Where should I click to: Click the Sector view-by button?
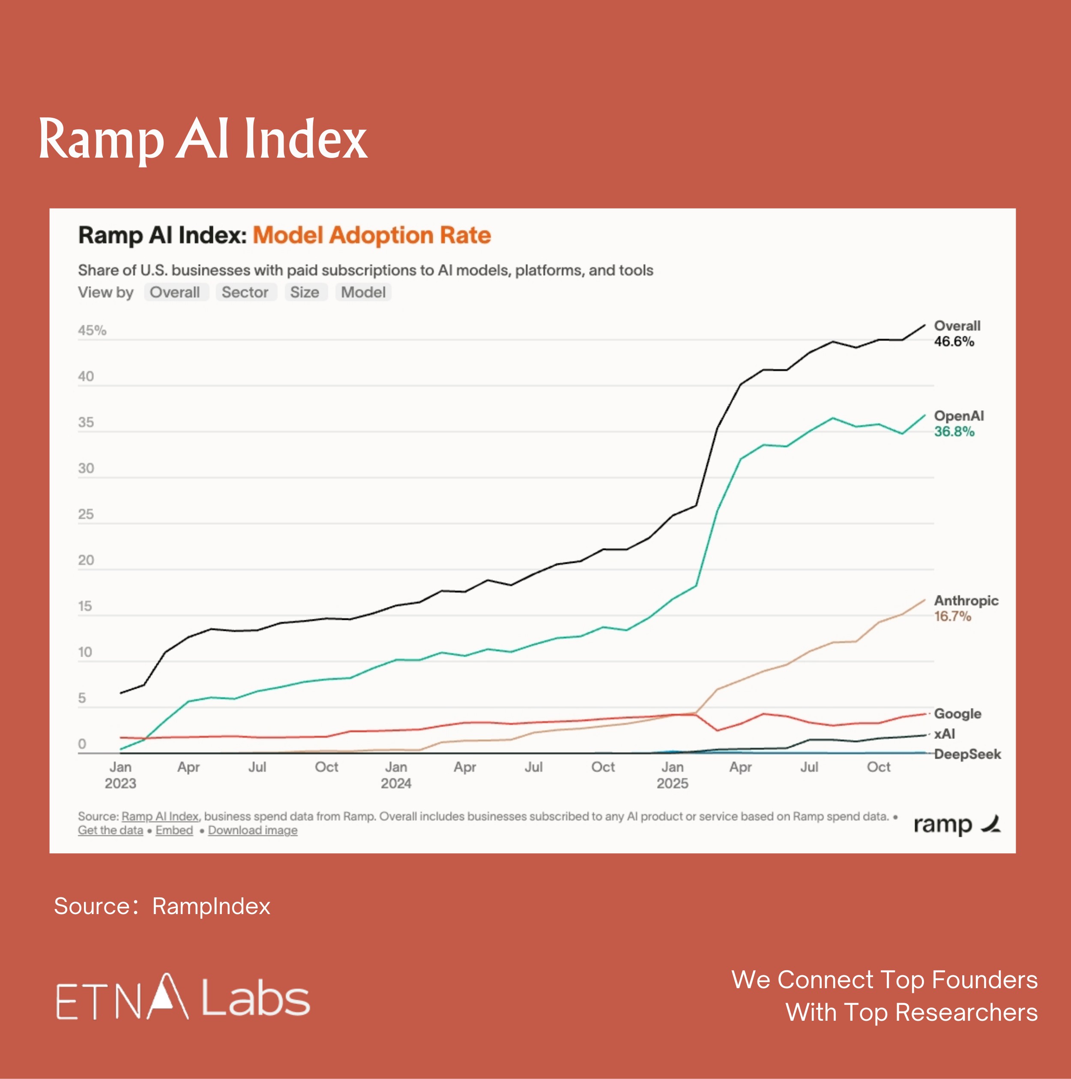click(x=245, y=292)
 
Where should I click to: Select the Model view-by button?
click(x=363, y=292)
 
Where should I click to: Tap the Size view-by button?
click(x=305, y=292)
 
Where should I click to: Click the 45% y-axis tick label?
click(x=92, y=330)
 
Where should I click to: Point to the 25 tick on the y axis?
click(x=86, y=514)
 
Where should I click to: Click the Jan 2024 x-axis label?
click(x=396, y=774)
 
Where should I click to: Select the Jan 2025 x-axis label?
click(x=672, y=774)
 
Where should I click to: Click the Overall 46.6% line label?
click(x=957, y=333)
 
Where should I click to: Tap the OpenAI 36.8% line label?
click(x=958, y=423)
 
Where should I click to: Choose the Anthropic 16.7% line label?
click(x=966, y=608)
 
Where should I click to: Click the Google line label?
click(x=957, y=713)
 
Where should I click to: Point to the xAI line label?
click(x=944, y=733)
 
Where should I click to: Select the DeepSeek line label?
click(x=967, y=754)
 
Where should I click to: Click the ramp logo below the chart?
click(x=956, y=824)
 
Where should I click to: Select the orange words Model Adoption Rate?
click(x=371, y=235)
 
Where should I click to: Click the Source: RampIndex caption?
click(x=162, y=906)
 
